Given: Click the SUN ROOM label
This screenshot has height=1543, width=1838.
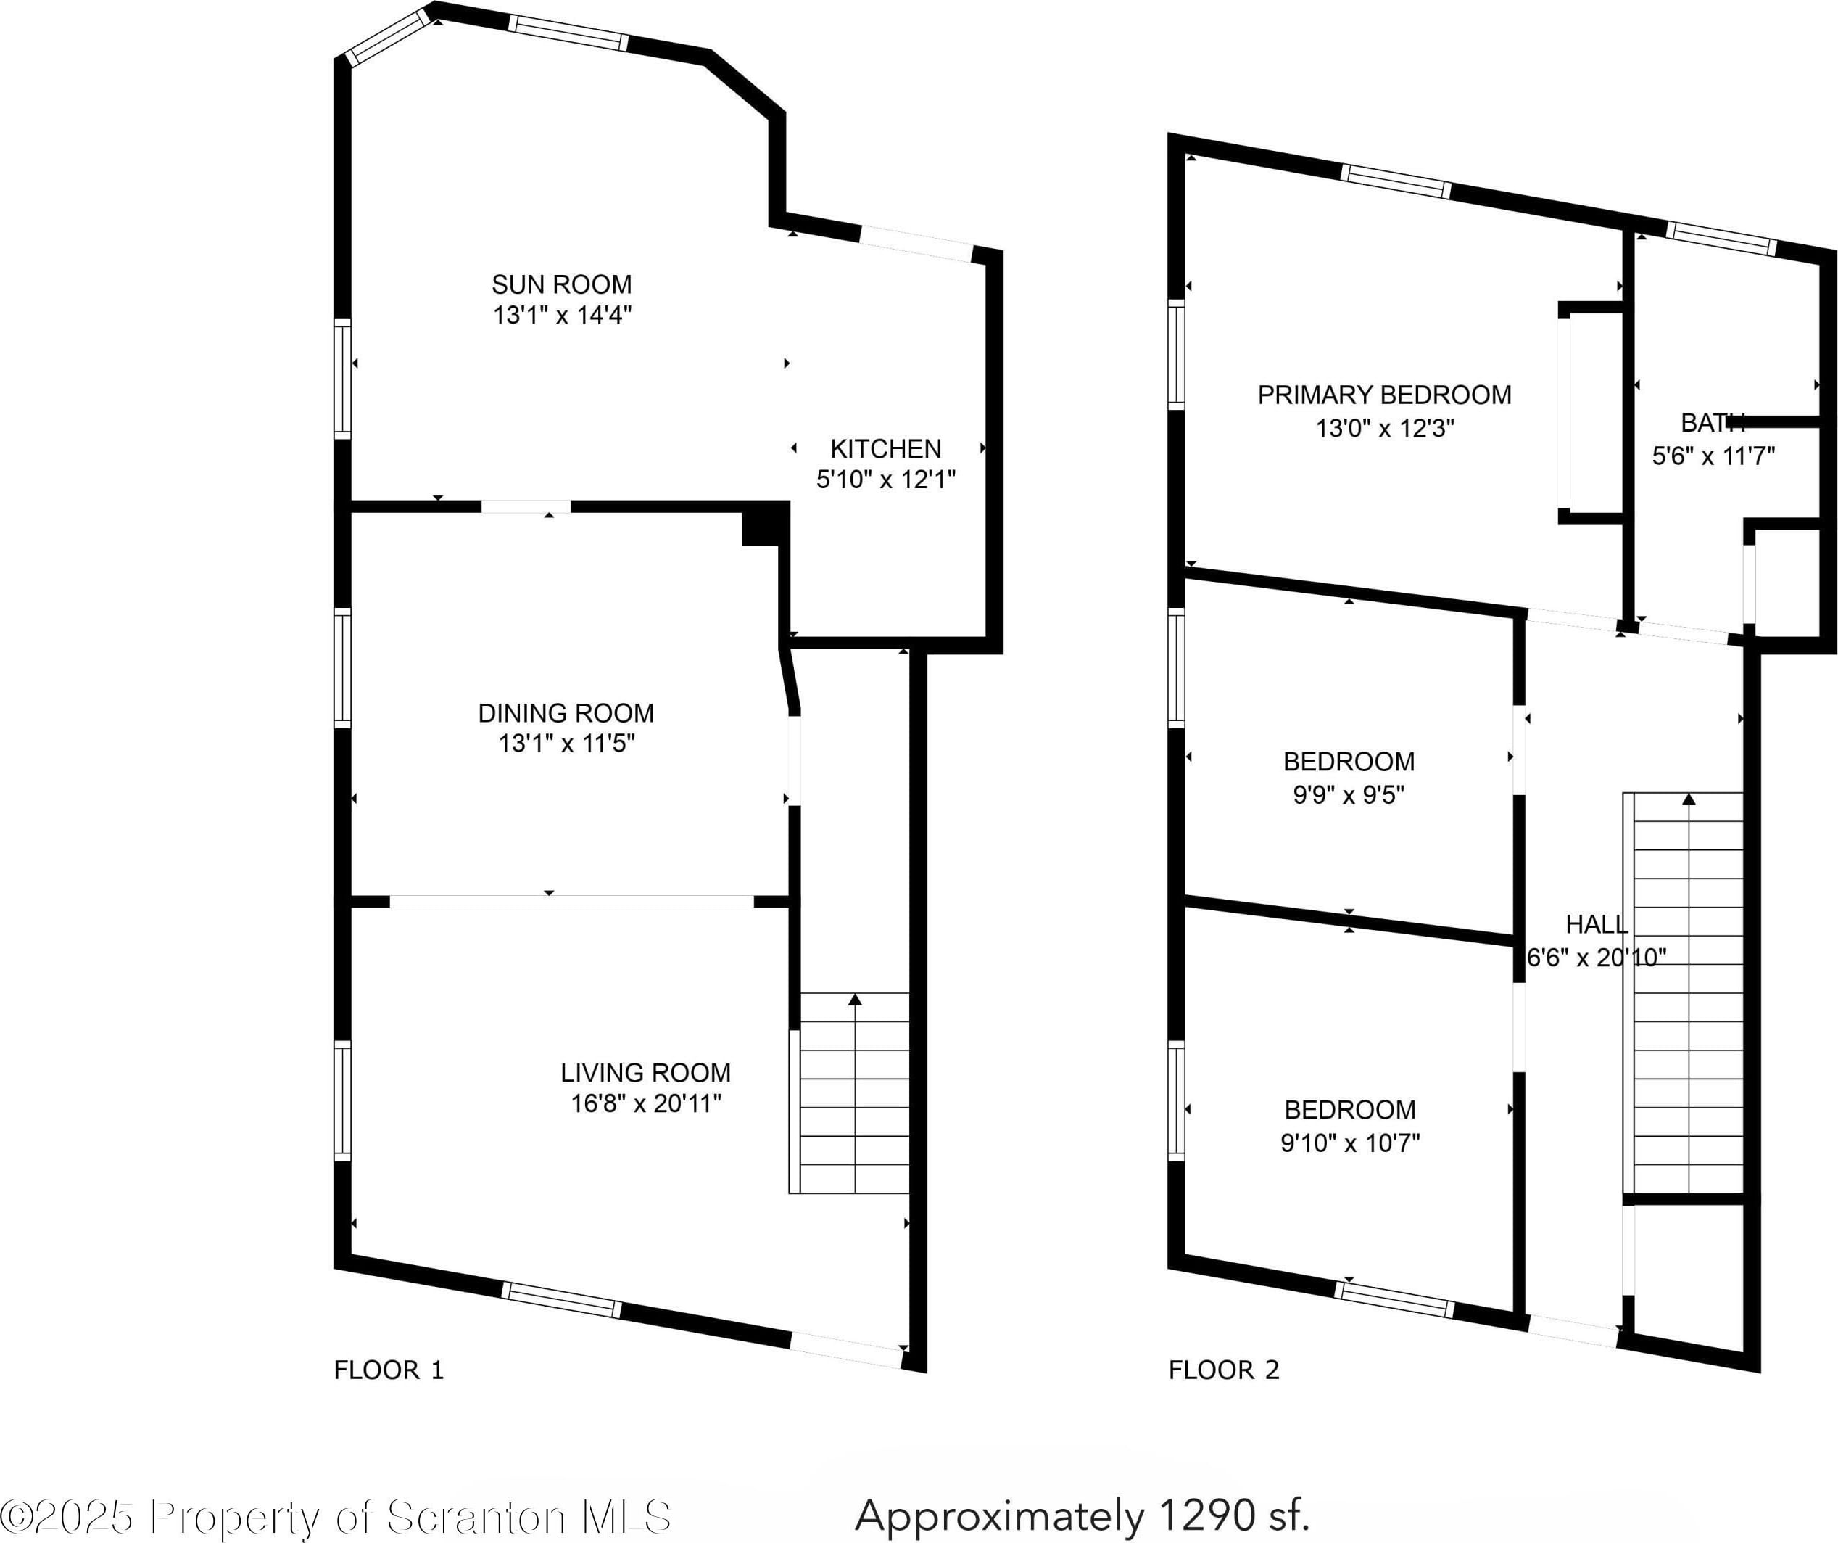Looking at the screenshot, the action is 561,284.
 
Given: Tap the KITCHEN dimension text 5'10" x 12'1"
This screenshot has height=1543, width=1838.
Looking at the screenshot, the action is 886,479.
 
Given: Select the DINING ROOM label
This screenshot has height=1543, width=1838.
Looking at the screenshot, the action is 566,713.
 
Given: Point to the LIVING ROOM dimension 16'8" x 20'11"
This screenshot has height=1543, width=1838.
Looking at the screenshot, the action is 646,1103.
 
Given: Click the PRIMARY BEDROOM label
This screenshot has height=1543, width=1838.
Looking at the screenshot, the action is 1385,395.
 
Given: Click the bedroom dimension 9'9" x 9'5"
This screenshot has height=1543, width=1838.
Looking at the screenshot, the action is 1349,794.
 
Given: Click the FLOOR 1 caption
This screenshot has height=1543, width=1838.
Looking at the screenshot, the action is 389,1370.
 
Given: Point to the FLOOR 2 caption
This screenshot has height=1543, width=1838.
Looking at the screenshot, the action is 1225,1370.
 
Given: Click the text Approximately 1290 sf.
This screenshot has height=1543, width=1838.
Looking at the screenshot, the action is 1082,1514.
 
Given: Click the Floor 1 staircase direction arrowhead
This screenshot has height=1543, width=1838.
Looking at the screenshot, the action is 855,999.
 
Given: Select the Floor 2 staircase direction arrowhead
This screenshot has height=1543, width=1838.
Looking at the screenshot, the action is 1689,799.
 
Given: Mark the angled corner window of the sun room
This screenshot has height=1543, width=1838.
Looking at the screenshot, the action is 388,37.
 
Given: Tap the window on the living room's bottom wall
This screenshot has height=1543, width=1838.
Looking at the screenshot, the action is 562,1299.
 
